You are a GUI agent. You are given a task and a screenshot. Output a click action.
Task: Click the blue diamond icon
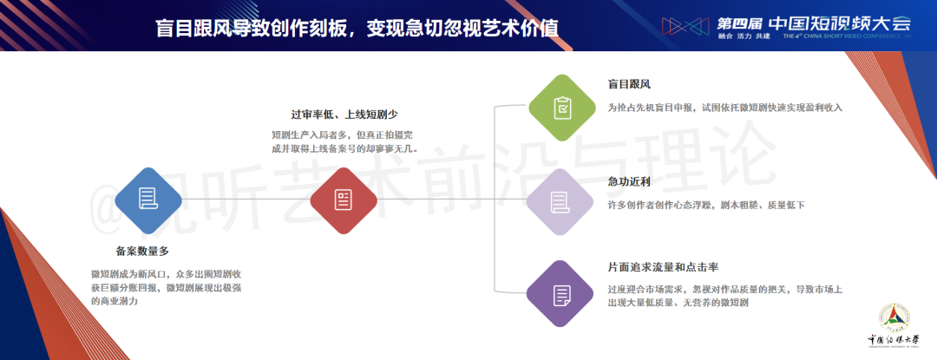tap(148, 200)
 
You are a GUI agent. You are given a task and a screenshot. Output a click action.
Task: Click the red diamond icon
tap(344, 200)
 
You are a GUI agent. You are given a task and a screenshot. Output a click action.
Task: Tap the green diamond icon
tap(561, 108)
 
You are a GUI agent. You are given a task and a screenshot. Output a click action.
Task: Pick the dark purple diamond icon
tap(561, 294)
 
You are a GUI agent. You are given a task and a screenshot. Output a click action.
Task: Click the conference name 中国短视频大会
tap(839, 23)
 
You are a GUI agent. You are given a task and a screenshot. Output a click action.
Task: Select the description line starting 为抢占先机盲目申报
tap(724, 108)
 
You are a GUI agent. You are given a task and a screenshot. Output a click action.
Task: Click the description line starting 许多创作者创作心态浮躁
tap(706, 206)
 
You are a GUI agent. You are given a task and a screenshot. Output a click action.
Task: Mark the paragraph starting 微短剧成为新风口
tap(166, 288)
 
